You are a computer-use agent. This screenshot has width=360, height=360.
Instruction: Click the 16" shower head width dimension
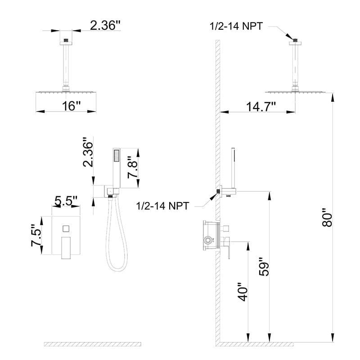coord(71,106)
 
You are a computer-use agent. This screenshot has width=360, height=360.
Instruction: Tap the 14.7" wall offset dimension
coord(261,107)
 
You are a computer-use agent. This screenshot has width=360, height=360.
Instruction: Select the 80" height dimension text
coord(327,217)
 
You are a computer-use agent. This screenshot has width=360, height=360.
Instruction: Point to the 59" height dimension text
coord(264,267)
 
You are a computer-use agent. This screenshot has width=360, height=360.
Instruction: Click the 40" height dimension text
coord(243,292)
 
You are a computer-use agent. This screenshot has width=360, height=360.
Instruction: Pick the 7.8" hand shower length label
coord(132,167)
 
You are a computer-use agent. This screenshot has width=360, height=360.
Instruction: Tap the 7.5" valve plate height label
coord(36,235)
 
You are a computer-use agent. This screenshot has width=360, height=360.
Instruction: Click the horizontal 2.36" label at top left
coord(105,25)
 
